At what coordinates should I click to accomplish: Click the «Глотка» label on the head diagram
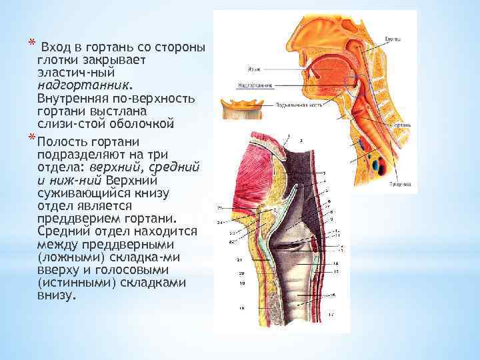click(x=393, y=39)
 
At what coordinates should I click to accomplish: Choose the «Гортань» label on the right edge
click(x=402, y=125)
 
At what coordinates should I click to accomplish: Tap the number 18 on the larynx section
click(x=241, y=308)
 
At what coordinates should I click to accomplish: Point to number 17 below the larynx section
click(x=331, y=314)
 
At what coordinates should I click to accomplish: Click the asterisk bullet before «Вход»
click(x=31, y=45)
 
